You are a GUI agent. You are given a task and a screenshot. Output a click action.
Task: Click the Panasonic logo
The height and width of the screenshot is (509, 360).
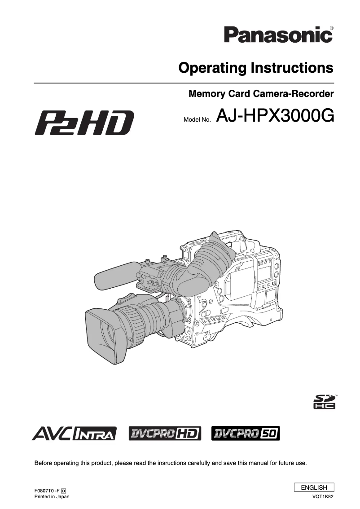pyautogui.click(x=278, y=35)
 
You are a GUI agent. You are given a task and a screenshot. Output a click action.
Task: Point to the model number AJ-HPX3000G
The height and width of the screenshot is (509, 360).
pyautogui.click(x=275, y=116)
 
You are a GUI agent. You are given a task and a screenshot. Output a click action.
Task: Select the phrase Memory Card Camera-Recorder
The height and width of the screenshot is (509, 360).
pyautogui.click(x=261, y=94)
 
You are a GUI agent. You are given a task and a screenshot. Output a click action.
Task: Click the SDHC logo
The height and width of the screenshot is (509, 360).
pyautogui.click(x=324, y=402)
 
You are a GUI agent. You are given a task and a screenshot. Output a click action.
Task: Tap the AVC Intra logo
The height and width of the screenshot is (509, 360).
pyautogui.click(x=75, y=433)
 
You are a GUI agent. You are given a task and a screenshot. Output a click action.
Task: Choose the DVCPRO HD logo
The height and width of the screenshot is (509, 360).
pyautogui.click(x=165, y=433)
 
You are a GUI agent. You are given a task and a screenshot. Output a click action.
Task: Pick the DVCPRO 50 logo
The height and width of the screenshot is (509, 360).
pyautogui.click(x=246, y=433)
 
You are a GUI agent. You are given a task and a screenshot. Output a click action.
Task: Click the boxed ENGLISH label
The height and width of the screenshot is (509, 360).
pyautogui.click(x=314, y=487)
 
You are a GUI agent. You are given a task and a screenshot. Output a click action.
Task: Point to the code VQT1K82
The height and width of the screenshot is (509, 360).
pyautogui.click(x=323, y=497)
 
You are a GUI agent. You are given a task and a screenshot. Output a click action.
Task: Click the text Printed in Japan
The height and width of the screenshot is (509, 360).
pyautogui.click(x=52, y=497)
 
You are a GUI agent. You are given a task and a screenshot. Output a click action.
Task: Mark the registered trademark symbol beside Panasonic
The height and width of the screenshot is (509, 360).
pyautogui.click(x=331, y=28)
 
